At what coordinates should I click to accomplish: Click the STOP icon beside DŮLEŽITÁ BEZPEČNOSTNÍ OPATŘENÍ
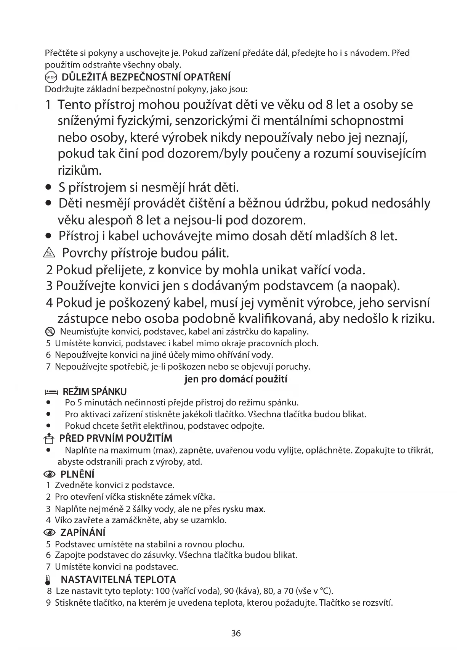(x=51, y=77)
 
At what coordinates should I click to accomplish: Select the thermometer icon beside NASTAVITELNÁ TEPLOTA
(x=48, y=580)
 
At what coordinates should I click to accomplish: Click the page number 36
(x=236, y=634)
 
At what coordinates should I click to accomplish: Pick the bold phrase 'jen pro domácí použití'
(x=236, y=379)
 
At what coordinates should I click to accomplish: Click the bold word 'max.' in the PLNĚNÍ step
(x=256, y=509)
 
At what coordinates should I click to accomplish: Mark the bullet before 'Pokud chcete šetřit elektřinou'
(x=48, y=426)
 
